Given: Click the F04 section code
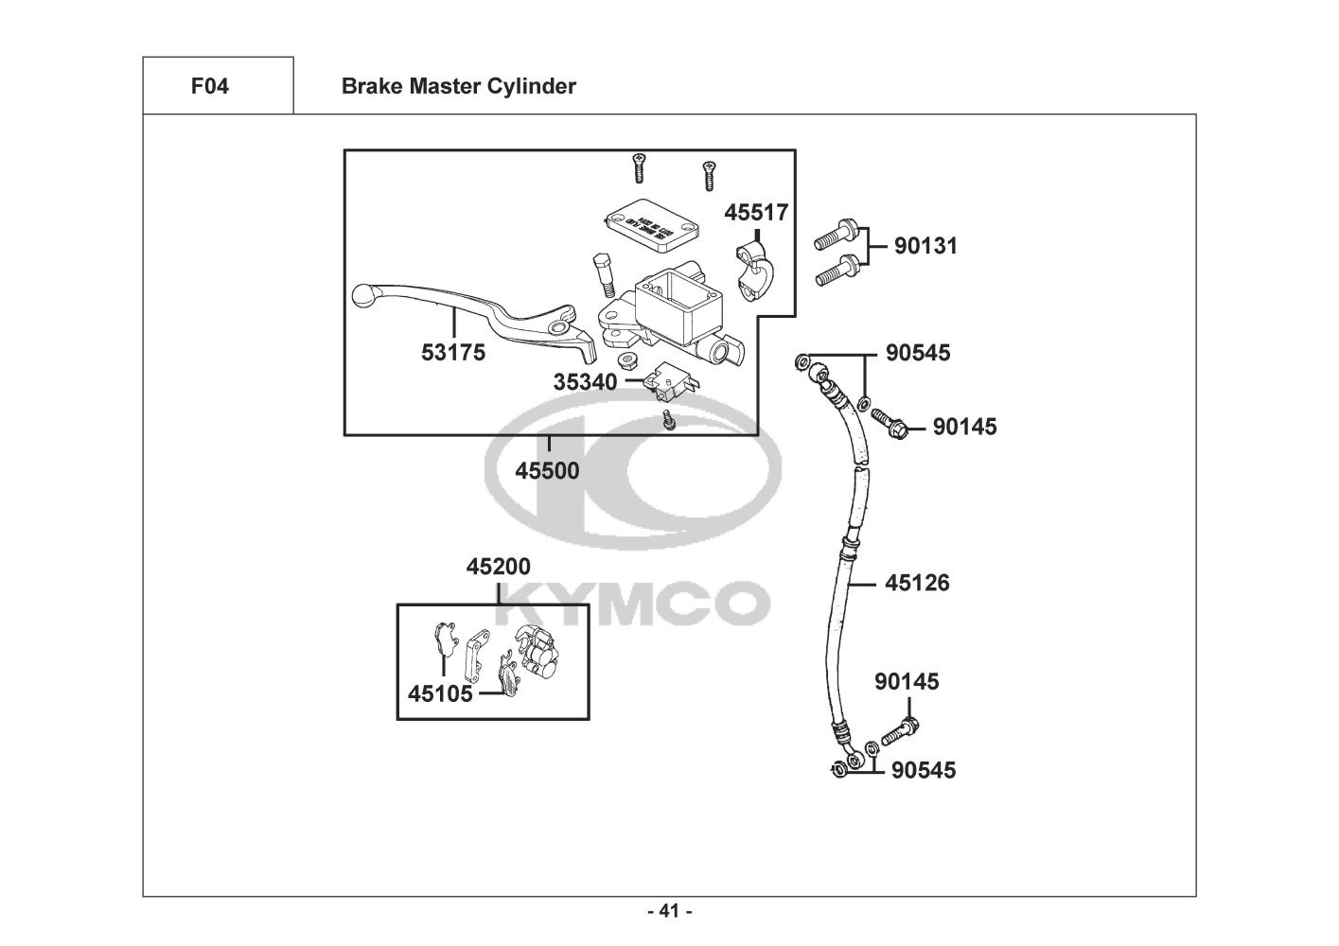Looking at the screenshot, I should (x=209, y=86).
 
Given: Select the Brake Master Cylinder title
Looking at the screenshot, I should (x=458, y=86).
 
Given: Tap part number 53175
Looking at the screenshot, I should (x=453, y=353).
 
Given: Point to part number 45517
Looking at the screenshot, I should (x=756, y=212).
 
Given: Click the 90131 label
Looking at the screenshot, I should (x=926, y=246).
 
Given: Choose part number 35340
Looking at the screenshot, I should (x=585, y=382).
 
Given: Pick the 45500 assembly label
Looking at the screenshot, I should (x=547, y=469).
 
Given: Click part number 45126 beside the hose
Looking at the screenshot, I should (x=917, y=583).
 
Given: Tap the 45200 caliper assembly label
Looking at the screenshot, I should (x=498, y=566).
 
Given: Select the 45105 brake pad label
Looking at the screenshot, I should (x=440, y=693).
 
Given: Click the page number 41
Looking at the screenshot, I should (x=669, y=912).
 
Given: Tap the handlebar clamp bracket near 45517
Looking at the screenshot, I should (x=754, y=267).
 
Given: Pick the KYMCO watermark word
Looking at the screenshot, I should (x=632, y=604).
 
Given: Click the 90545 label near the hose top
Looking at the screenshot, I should (x=918, y=353).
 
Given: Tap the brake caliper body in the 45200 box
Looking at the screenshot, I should (x=535, y=655).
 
